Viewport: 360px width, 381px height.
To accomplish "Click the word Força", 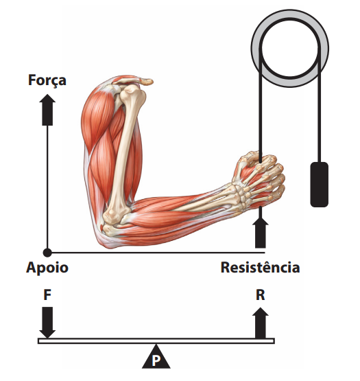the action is (47, 80).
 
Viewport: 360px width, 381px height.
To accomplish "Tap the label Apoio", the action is (47, 267).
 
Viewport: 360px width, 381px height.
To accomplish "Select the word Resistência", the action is (260, 267).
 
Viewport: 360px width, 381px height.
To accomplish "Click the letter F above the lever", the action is (47, 295).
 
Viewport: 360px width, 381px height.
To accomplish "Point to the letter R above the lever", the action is (261, 295).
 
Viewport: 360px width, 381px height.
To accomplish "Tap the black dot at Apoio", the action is (47, 253).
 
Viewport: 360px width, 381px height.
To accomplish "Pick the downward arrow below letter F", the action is (47, 322).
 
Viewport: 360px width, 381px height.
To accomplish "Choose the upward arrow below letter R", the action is (261, 323).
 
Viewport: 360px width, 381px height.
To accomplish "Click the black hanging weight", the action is (320, 185).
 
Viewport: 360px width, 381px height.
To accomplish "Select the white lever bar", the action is (156, 340).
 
